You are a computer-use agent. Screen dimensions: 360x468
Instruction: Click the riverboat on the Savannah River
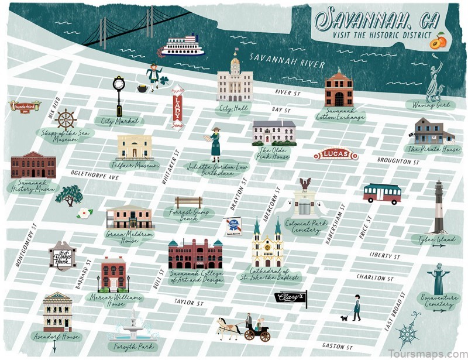click(x=182, y=46)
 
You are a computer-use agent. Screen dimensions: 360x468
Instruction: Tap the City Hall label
click(x=234, y=108)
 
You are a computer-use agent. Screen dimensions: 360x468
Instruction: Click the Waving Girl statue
click(x=435, y=79)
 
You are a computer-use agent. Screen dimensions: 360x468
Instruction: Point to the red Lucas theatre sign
click(x=335, y=155)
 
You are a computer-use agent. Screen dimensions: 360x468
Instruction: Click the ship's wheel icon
click(x=66, y=120)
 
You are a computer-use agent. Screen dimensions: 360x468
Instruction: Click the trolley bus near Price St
click(x=382, y=193)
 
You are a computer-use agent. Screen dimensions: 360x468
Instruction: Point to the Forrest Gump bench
click(x=188, y=203)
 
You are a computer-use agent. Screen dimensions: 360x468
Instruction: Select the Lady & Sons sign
click(x=177, y=108)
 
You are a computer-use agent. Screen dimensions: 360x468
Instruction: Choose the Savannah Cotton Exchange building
click(x=339, y=89)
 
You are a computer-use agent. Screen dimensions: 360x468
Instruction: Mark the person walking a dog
click(x=355, y=308)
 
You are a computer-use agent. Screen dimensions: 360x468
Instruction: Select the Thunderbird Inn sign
click(x=23, y=107)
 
